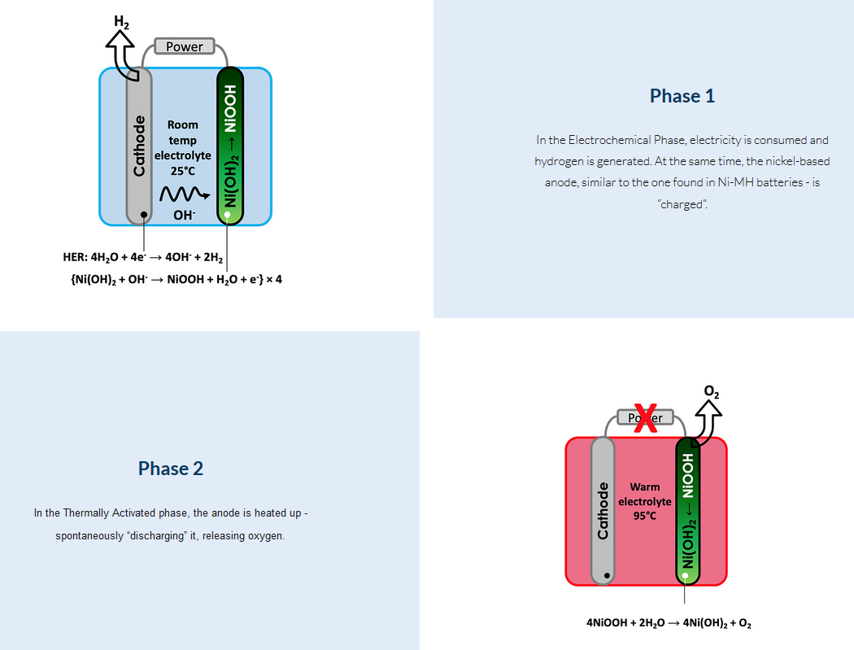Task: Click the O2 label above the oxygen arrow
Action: [x=712, y=393]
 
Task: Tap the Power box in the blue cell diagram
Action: [x=185, y=46]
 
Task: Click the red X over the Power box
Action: [x=646, y=418]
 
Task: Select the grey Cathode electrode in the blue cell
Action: [x=139, y=146]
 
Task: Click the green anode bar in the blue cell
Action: [x=230, y=146]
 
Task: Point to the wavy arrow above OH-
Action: [x=179, y=195]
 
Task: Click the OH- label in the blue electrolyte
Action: [x=183, y=216]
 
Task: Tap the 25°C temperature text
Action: [x=183, y=171]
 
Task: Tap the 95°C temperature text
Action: [x=644, y=516]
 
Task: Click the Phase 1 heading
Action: [x=682, y=96]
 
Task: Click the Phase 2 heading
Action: [x=171, y=468]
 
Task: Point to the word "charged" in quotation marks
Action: [x=682, y=204]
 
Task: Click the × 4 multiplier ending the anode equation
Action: [x=273, y=279]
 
